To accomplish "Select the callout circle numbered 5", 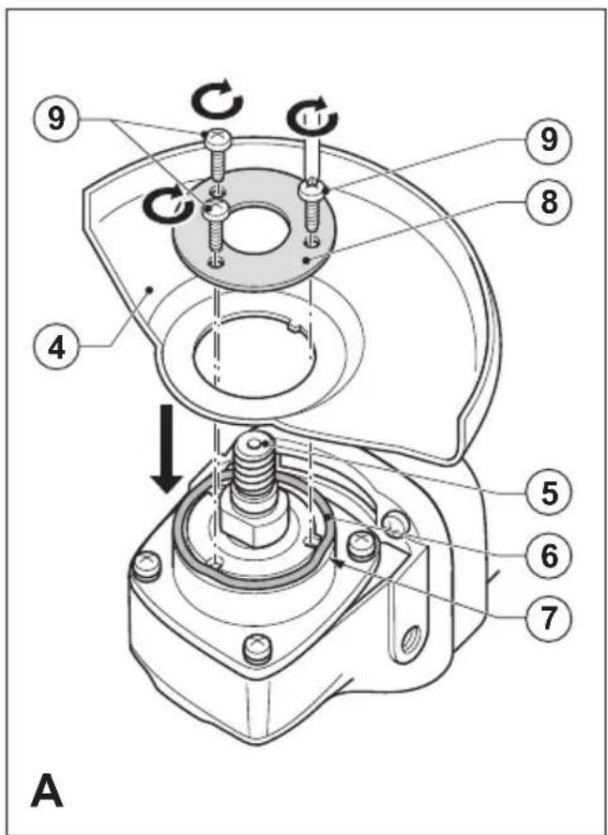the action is point(549,493).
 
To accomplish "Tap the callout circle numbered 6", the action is point(549,556).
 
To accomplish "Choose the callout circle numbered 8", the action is point(549,203).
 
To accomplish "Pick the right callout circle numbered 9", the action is point(549,140).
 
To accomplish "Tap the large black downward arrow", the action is point(167,448).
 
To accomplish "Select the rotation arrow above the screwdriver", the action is point(312,115).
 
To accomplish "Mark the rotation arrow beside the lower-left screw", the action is point(168,205).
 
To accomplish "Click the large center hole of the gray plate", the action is point(255,226).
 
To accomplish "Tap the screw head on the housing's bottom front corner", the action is point(258,649).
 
